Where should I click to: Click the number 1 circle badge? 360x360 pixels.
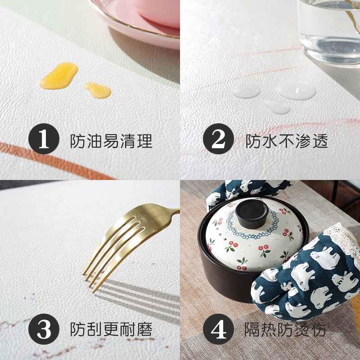click(x=44, y=140)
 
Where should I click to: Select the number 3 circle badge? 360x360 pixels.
click(x=44, y=330)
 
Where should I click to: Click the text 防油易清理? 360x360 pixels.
click(x=111, y=141)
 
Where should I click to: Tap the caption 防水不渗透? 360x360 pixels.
click(x=287, y=141)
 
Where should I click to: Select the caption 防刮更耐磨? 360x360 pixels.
click(x=111, y=330)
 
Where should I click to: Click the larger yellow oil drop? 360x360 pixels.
click(x=58, y=75)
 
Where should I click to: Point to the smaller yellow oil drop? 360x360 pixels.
click(x=98, y=90)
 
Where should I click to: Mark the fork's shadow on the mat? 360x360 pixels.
click(x=135, y=292)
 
